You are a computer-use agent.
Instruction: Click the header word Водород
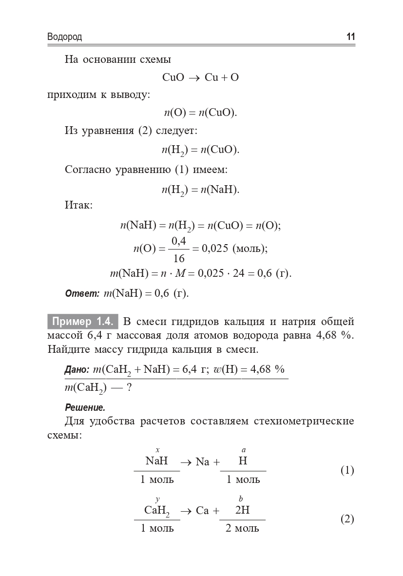(65, 38)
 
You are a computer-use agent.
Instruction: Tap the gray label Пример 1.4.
(83, 322)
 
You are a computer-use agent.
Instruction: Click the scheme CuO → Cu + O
(200, 77)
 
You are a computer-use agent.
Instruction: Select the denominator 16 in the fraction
(179, 258)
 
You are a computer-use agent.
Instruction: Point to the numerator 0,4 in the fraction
(179, 240)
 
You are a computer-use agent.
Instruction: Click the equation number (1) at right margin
(346, 471)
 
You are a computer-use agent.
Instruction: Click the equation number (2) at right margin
(346, 519)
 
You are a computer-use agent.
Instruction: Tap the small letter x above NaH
(157, 450)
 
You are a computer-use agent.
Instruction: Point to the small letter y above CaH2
(157, 499)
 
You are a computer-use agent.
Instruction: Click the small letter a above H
(243, 450)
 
